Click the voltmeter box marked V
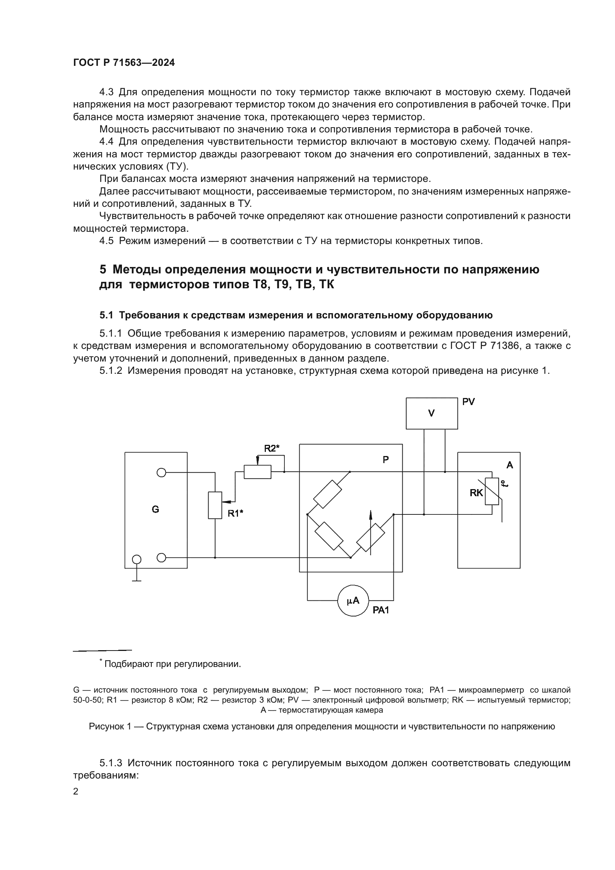432,413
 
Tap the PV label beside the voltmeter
469,402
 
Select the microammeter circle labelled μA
353,601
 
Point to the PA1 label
381,610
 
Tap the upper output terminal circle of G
161,472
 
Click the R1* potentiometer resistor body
215,505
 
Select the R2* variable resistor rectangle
258,472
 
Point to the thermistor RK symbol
492,491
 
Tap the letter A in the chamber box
510,465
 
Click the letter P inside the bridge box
386,460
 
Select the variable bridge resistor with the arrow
371,538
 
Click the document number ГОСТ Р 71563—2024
124,63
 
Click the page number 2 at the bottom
76,791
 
